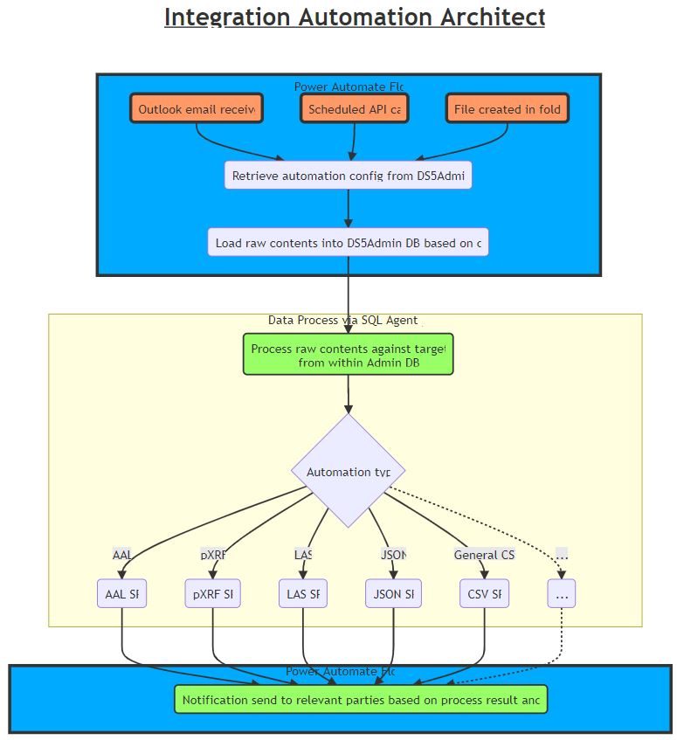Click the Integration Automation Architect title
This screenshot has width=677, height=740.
(354, 17)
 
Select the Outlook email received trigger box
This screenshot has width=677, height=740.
(197, 109)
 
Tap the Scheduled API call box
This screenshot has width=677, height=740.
(354, 109)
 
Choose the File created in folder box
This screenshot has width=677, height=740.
(508, 109)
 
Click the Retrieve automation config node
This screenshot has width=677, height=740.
(348, 176)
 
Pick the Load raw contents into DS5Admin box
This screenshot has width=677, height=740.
(348, 243)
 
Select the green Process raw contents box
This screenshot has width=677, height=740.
(348, 355)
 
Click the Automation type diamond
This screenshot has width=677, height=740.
(348, 471)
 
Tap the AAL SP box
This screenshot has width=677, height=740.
(121, 594)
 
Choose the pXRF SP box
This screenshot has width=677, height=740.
(212, 594)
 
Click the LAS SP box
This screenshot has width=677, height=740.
(302, 594)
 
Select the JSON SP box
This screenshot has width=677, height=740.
(393, 594)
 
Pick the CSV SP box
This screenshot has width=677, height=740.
(484, 594)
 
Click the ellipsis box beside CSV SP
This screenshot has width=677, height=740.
(561, 594)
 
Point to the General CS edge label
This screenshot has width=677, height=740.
(484, 555)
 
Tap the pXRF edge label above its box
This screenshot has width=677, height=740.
(213, 555)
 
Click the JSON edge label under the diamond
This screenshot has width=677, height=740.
(393, 555)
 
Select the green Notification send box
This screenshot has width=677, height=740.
(361, 700)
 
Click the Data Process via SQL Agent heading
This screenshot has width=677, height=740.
(345, 321)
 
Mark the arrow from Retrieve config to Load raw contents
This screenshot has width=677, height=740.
(348, 210)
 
